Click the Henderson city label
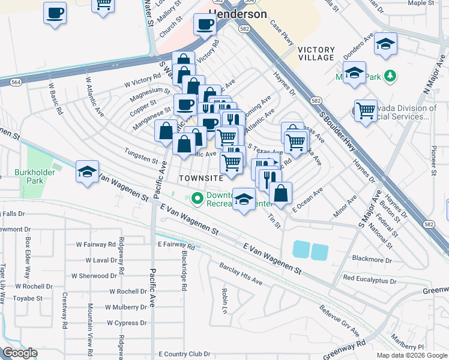(237, 13)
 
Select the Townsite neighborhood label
(200, 178)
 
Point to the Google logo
(20, 353)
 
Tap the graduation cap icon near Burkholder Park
(87, 172)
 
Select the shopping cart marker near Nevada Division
(365, 110)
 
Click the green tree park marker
(391, 76)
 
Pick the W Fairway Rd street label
(95, 245)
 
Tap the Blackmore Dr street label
(372, 261)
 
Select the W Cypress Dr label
(127, 323)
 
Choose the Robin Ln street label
(224, 295)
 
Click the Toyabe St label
(28, 298)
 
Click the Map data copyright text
(411, 355)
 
